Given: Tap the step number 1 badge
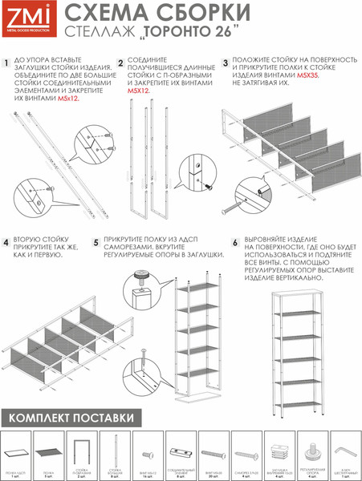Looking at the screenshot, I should click(x=6, y=63).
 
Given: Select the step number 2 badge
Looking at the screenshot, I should click(x=120, y=63).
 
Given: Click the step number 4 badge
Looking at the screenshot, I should click(x=6, y=241).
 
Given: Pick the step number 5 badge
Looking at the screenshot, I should click(x=96, y=241).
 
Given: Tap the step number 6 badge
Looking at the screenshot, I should click(x=235, y=241).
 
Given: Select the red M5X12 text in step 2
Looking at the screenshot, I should click(x=138, y=91).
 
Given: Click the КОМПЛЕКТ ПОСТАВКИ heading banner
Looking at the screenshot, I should click(x=67, y=418).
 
